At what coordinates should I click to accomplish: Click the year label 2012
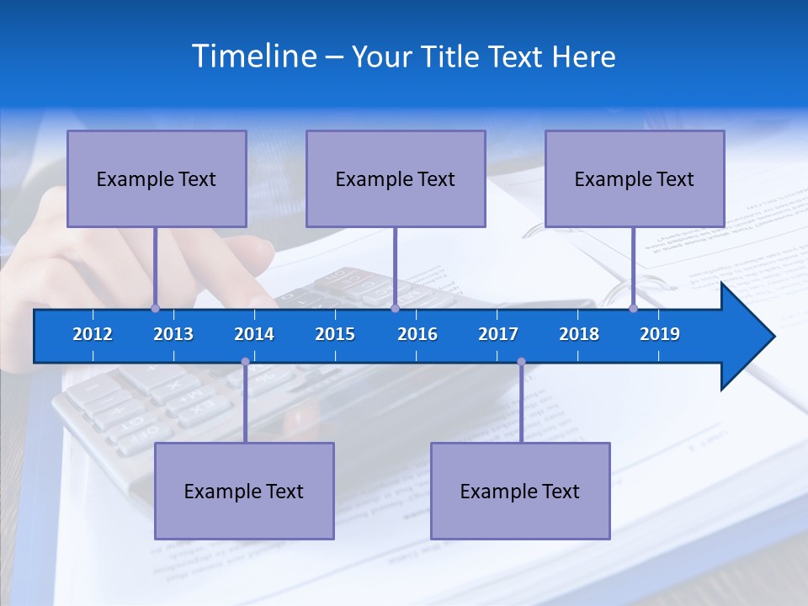tap(93, 334)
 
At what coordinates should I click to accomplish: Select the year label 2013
tap(173, 334)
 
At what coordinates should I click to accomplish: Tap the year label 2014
tap(254, 334)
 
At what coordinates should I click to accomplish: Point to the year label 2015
tap(335, 334)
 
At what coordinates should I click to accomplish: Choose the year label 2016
tap(417, 334)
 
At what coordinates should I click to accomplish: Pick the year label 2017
tap(498, 334)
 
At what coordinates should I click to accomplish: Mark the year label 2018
tap(579, 334)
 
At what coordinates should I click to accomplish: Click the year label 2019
tap(660, 334)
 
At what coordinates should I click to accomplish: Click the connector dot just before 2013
tap(156, 308)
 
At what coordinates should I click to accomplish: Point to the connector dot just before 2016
tap(395, 308)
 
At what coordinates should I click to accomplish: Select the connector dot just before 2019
tap(634, 308)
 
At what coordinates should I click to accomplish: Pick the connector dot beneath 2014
tap(245, 362)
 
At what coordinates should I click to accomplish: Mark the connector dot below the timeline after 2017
tap(521, 362)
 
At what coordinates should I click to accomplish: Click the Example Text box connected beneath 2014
tap(244, 491)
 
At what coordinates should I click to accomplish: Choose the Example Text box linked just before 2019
tap(635, 178)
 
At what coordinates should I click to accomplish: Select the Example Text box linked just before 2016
tap(396, 178)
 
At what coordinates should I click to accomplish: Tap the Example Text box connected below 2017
tap(520, 491)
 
